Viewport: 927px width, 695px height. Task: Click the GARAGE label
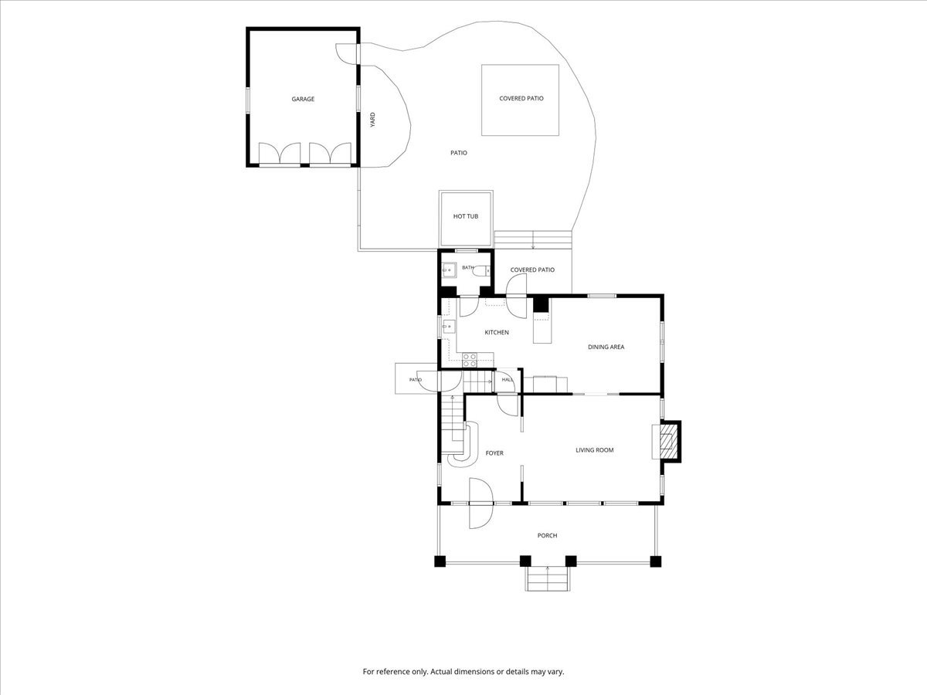(303, 99)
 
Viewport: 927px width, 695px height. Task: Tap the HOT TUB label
(466, 216)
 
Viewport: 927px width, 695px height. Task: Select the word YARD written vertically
(372, 120)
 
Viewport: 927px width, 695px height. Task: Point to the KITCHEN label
(497, 333)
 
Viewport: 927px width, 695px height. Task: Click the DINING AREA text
(606, 347)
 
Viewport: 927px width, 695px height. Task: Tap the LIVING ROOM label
(595, 450)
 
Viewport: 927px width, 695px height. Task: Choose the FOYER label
(494, 453)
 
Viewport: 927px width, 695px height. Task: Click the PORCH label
(548, 535)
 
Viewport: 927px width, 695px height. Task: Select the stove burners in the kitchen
(470, 360)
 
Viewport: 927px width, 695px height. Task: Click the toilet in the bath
(482, 270)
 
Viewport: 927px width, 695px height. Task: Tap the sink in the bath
(449, 270)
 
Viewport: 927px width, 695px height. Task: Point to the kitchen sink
(449, 327)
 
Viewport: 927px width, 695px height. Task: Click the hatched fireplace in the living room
(667, 442)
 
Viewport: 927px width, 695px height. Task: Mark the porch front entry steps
(548, 578)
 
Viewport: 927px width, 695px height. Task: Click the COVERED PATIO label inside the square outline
(521, 98)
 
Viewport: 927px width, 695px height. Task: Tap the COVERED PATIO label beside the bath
(532, 270)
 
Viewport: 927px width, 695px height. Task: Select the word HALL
(508, 380)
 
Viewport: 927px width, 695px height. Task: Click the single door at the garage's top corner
(347, 54)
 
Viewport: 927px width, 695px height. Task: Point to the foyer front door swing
(481, 503)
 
